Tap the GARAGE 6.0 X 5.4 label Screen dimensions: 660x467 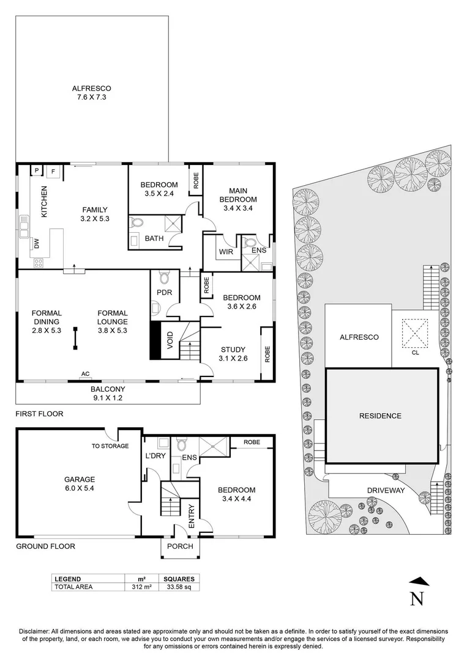(80, 485)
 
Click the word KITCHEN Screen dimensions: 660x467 (44, 202)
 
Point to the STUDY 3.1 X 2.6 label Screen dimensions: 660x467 (233, 354)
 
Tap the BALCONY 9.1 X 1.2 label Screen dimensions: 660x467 (108, 393)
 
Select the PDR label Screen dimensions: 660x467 (164, 293)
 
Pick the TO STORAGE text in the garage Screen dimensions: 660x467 (111, 446)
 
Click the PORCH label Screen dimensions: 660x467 (180, 546)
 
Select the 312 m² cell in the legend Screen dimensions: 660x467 (142, 587)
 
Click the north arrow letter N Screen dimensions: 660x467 (417, 598)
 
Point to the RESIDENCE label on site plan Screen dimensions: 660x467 (380, 416)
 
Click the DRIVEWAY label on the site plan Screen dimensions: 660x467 (386, 490)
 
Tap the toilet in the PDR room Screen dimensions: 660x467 (163, 278)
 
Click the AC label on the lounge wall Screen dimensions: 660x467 (86, 375)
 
